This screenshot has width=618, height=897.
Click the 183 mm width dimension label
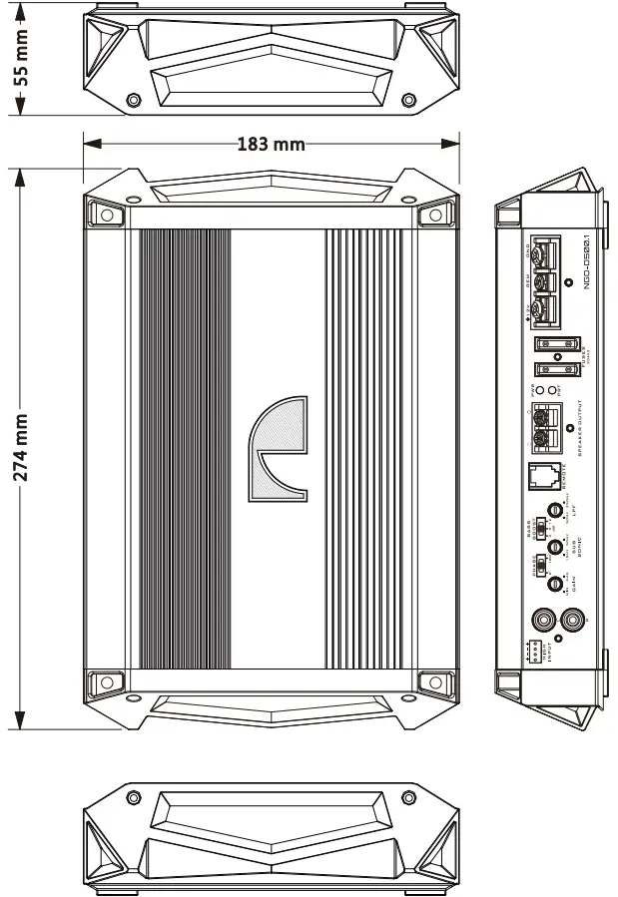coord(271,145)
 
